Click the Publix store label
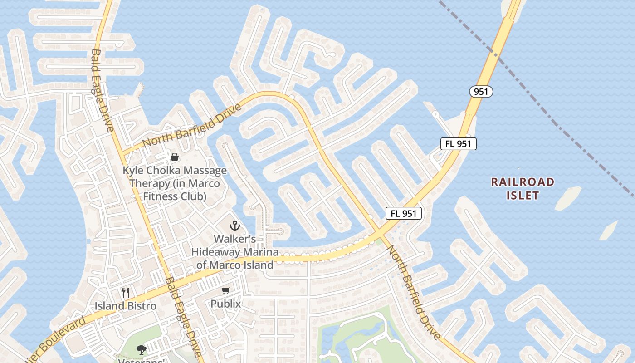click(225, 303)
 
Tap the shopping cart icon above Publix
click(225, 290)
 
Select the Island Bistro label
click(126, 306)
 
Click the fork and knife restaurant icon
click(126, 293)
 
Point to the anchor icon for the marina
click(234, 225)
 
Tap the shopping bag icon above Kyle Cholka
click(174, 157)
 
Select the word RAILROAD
click(523, 182)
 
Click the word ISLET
click(523, 196)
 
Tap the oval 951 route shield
click(480, 92)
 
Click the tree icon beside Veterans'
click(141, 349)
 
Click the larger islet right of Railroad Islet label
click(568, 198)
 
